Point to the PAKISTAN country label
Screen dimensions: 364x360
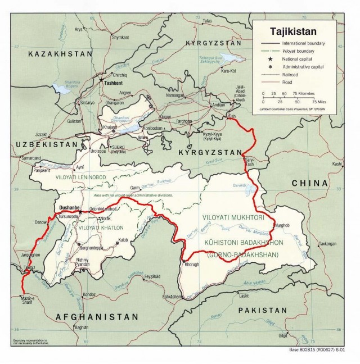coord(262,310)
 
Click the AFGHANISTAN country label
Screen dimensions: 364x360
coord(97,317)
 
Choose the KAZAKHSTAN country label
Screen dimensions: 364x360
coord(60,53)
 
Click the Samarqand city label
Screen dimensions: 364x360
coord(30,159)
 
